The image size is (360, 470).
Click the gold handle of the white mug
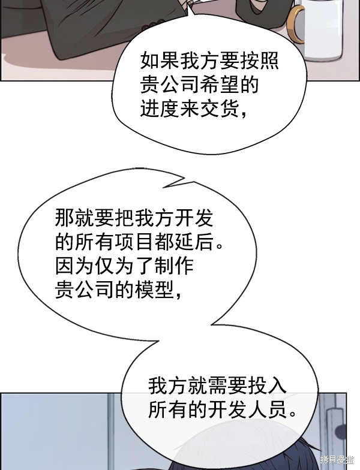293,25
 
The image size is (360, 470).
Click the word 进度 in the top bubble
160,109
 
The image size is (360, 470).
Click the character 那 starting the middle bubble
65,218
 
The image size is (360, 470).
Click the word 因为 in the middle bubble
74,266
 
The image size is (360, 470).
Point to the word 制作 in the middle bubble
174,266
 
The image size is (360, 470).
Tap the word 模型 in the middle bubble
154,290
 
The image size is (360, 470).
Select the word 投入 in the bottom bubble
268,386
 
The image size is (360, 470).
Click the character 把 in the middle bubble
124,218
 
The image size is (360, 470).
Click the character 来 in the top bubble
190,109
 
